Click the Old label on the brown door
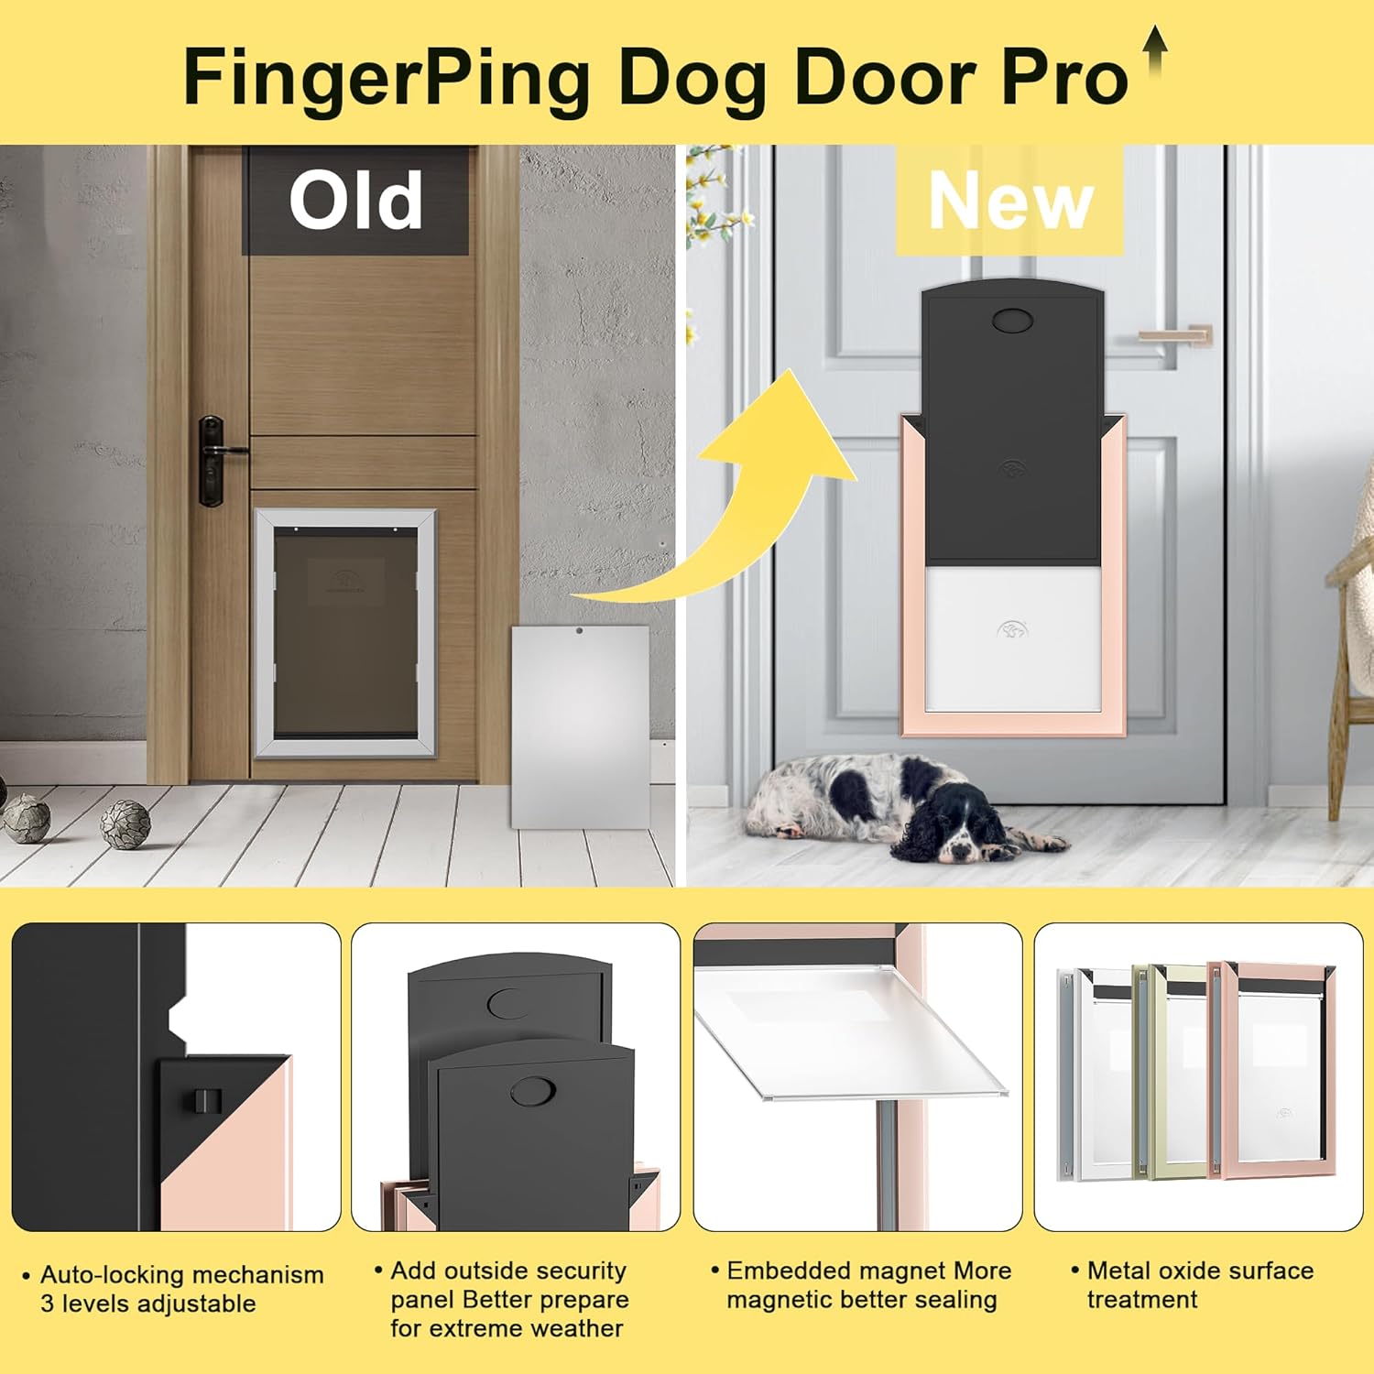coord(355,201)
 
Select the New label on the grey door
coord(1010,202)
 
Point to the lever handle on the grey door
coord(1177,334)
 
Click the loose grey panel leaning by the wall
coord(580,725)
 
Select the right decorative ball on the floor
coord(125,823)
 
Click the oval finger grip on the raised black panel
coord(1012,320)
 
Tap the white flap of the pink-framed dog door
coord(1013,638)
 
